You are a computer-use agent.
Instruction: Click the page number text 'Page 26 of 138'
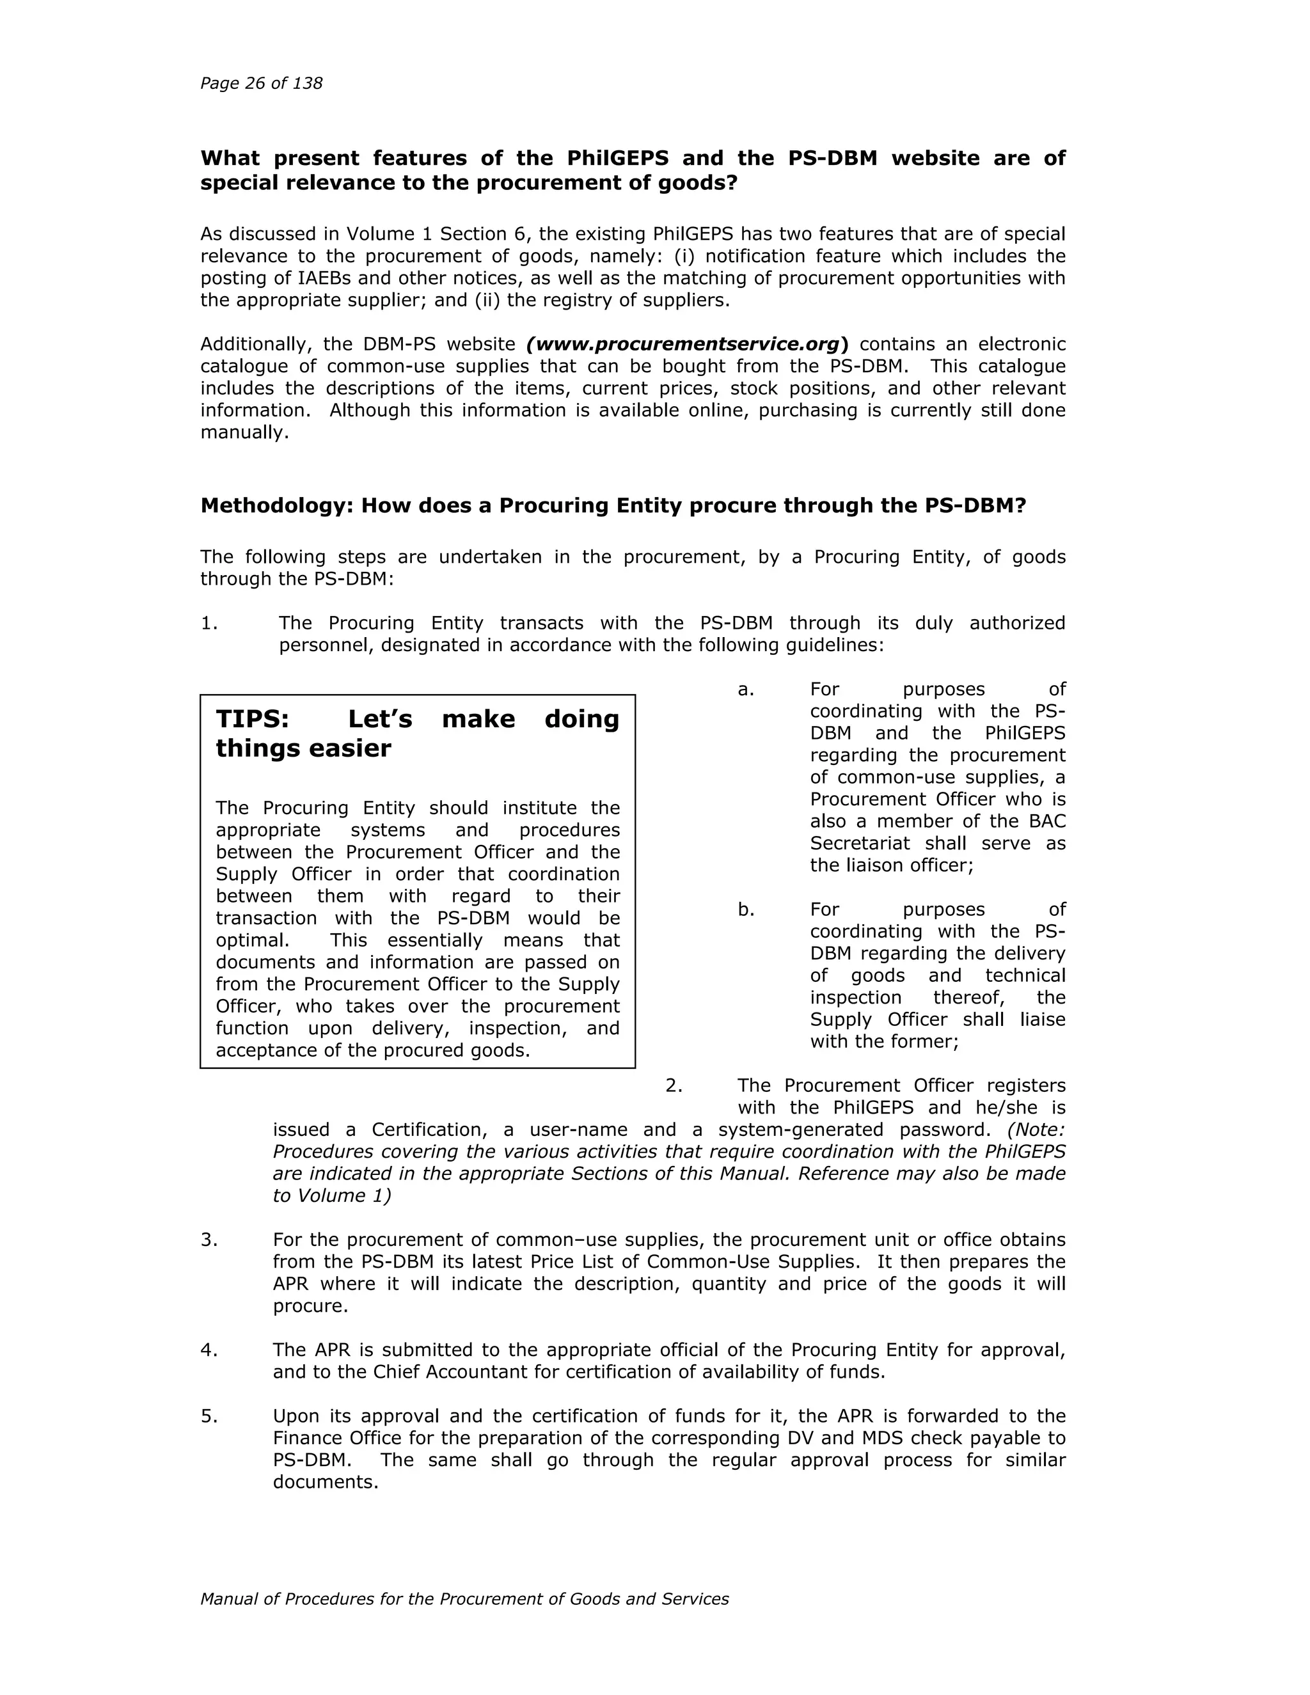tap(261, 83)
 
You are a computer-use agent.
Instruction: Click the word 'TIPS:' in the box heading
tap(252, 719)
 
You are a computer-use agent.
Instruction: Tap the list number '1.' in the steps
tap(209, 623)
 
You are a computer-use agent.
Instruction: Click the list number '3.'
tap(209, 1240)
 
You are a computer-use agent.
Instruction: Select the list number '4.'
tap(209, 1350)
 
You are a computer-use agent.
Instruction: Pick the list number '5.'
tap(209, 1416)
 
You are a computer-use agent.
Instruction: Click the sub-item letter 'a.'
tap(746, 689)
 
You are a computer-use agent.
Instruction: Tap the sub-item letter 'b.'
tap(746, 910)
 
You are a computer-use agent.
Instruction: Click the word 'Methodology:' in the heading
tap(277, 506)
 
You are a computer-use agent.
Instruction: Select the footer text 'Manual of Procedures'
tap(281, 1599)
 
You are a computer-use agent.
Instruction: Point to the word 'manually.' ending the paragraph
tap(244, 432)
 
